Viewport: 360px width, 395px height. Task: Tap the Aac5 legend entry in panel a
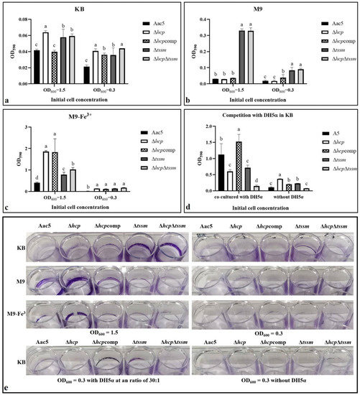148,24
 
